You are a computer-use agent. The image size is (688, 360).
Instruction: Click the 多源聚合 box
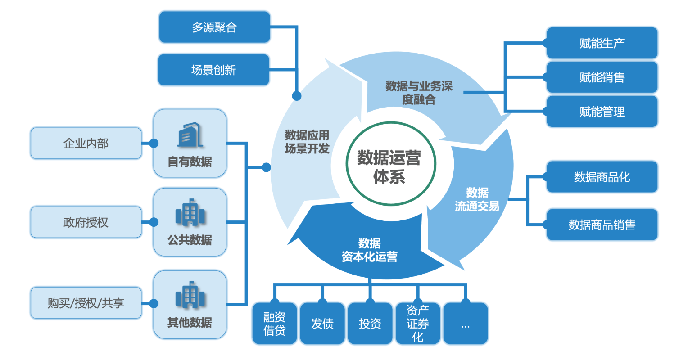coord(214,27)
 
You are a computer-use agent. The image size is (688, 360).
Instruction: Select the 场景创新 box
coord(213,70)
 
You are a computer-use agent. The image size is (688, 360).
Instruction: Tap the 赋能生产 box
coord(602,43)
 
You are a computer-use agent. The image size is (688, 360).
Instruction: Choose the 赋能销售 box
coord(602,77)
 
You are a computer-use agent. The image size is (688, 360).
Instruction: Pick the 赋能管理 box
coord(602,112)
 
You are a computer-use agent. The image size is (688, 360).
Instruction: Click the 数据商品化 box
coord(602,177)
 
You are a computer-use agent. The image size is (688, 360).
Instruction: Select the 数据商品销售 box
coord(602,225)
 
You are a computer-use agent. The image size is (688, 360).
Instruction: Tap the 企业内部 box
coord(86,144)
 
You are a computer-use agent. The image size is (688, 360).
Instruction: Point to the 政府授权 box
coord(86,222)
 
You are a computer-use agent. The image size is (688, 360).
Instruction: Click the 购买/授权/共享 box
coord(86,303)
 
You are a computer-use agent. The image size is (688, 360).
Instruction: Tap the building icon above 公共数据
coord(190,212)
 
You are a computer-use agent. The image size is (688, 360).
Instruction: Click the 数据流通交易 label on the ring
coord(477,200)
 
